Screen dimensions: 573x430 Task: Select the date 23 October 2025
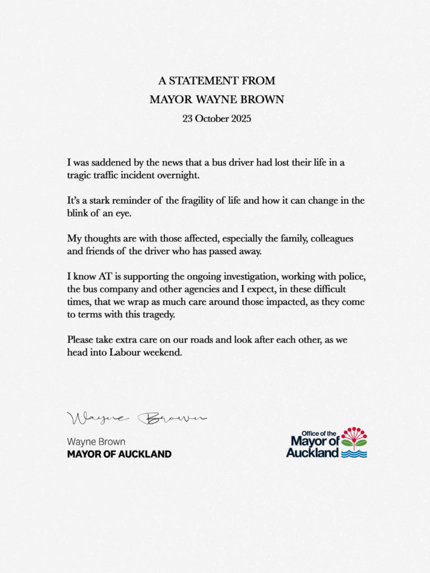[x=216, y=119]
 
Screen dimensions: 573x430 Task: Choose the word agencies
[x=230, y=289]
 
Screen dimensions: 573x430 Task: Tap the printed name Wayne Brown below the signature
[x=96, y=442]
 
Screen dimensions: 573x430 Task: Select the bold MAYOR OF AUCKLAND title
[x=119, y=454]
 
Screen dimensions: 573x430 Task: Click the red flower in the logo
[x=354, y=435]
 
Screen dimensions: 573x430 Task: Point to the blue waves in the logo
[x=354, y=454]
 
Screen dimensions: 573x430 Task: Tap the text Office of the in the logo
[x=319, y=433]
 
